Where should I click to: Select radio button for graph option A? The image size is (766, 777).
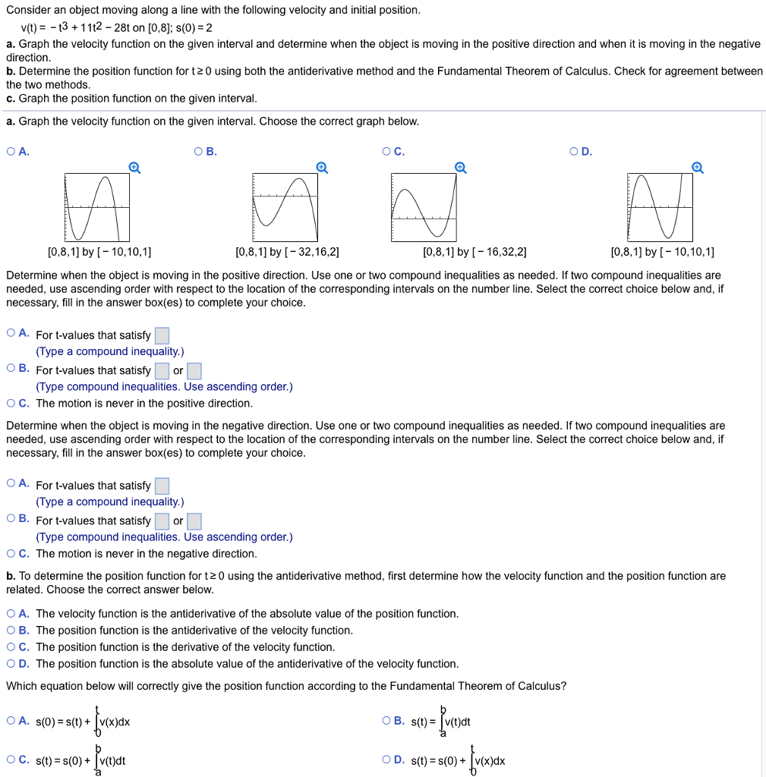tap(11, 151)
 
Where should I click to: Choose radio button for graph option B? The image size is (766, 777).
tap(199, 151)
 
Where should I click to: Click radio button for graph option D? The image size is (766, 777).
tap(575, 151)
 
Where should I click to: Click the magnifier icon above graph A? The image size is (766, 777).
tap(134, 168)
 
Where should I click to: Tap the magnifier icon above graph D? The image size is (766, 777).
tap(698, 168)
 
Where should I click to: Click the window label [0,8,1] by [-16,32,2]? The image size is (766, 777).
tap(474, 252)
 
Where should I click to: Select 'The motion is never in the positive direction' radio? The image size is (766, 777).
tap(11, 403)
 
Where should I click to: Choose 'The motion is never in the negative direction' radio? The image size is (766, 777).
tap(11, 553)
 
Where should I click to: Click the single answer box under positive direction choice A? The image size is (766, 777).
tap(162, 335)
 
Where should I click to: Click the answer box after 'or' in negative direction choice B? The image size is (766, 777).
tap(194, 521)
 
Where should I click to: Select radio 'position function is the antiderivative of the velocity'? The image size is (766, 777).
tap(11, 630)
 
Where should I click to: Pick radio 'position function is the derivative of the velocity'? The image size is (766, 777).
tap(11, 646)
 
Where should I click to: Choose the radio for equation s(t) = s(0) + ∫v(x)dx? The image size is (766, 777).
tap(388, 759)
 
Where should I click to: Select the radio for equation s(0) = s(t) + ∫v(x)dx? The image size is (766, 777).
tap(11, 720)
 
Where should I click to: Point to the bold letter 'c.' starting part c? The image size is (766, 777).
tap(11, 99)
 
